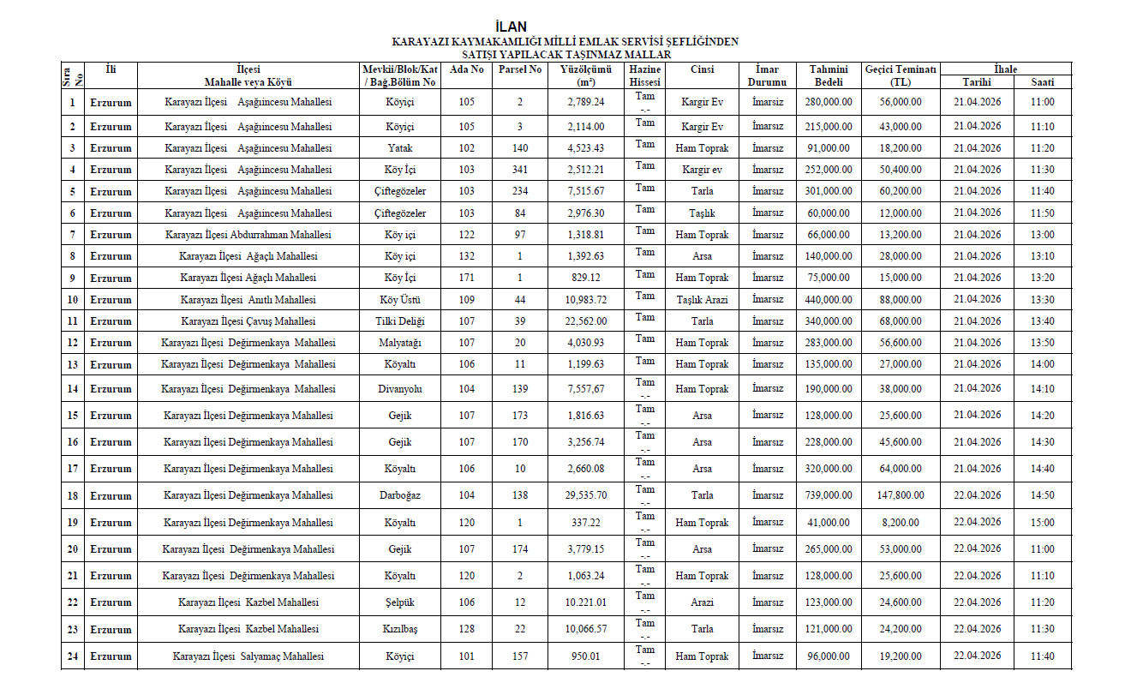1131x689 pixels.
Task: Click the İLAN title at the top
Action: click(511, 27)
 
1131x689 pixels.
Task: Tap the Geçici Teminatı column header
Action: click(901, 75)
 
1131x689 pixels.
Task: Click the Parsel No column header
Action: click(520, 69)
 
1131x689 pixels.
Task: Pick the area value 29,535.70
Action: click(586, 496)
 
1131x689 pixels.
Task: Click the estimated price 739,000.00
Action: click(828, 496)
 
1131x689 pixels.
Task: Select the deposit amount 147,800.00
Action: click(901, 496)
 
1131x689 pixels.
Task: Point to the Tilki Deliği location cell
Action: click(400, 321)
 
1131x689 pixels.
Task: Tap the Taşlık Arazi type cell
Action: click(702, 300)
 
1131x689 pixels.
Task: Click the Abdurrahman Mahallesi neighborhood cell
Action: click(248, 235)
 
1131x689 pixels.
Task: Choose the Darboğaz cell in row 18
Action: click(400, 496)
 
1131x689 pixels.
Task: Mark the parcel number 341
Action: click(520, 170)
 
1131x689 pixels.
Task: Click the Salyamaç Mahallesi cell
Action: click(248, 656)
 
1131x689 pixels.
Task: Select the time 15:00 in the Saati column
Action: click(1043, 523)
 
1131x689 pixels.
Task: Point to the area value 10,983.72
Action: click(586, 300)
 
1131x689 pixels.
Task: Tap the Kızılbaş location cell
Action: click(400, 630)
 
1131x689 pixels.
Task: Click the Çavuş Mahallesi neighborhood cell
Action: click(248, 321)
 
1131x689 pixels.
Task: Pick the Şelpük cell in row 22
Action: click(400, 603)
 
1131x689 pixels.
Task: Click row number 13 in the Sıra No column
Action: click(73, 365)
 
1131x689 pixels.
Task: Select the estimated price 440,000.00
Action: click(828, 300)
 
